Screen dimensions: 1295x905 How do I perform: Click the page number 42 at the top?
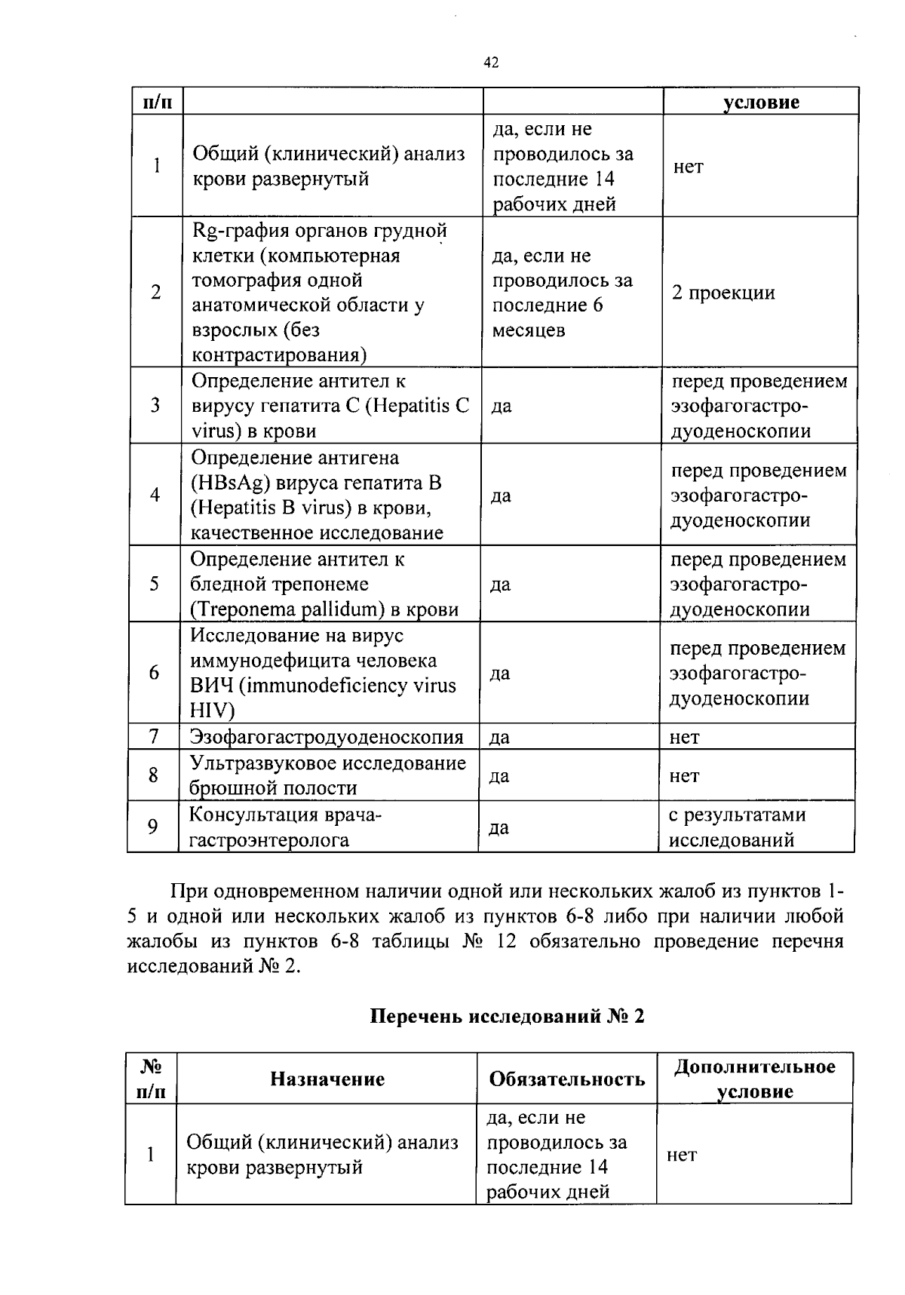pos(490,63)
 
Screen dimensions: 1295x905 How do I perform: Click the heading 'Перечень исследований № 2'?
pos(508,1016)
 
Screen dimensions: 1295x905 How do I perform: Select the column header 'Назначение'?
pos(327,1079)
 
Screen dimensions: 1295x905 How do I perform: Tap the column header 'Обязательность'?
pos(567,1079)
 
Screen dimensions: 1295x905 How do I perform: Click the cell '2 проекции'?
pos(723,293)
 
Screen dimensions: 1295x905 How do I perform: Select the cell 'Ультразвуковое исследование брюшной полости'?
pos(327,775)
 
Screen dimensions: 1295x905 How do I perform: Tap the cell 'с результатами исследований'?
pos(737,827)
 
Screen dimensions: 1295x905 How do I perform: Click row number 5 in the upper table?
pos(155,584)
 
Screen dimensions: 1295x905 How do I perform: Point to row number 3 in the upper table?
pos(155,406)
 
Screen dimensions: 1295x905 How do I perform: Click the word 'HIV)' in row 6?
pos(212,711)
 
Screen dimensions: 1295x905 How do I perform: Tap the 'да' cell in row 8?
pos(499,775)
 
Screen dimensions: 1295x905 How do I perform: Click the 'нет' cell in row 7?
pos(684,737)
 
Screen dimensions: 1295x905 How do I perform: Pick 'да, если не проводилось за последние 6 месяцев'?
pos(562,293)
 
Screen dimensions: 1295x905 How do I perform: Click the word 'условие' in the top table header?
pos(761,103)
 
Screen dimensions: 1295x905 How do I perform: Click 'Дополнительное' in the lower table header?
pos(754,1066)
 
